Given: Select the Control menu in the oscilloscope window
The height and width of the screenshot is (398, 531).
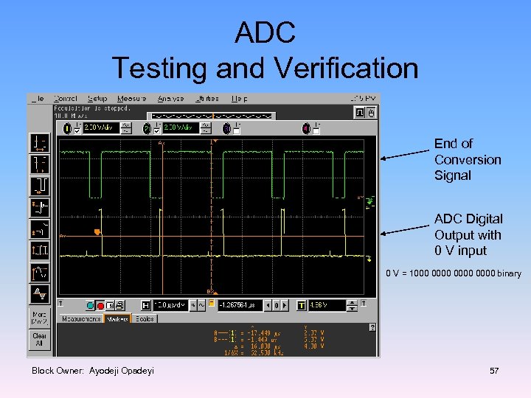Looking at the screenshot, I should coord(66,98).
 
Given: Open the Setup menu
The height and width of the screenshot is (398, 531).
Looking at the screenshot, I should coord(97,98).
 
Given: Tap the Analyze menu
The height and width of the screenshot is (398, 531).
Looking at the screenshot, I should coord(170,98).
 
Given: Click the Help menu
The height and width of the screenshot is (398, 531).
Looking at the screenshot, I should coord(240,98).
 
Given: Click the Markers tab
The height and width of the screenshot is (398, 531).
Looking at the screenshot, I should coord(117,319).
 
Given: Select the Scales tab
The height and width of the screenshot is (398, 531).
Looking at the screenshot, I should coord(144,319).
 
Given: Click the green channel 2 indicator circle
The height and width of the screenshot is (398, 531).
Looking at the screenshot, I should coord(147,128).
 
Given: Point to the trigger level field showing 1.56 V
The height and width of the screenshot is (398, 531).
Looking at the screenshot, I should coord(328,305).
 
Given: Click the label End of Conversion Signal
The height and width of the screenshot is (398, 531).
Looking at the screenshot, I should coord(467,159).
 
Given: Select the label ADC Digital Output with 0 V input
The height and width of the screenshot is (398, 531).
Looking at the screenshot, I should coord(468,234).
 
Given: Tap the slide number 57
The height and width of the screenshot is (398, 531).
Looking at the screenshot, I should coord(494,371).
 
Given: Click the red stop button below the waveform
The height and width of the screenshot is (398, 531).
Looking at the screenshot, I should coord(100,305).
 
